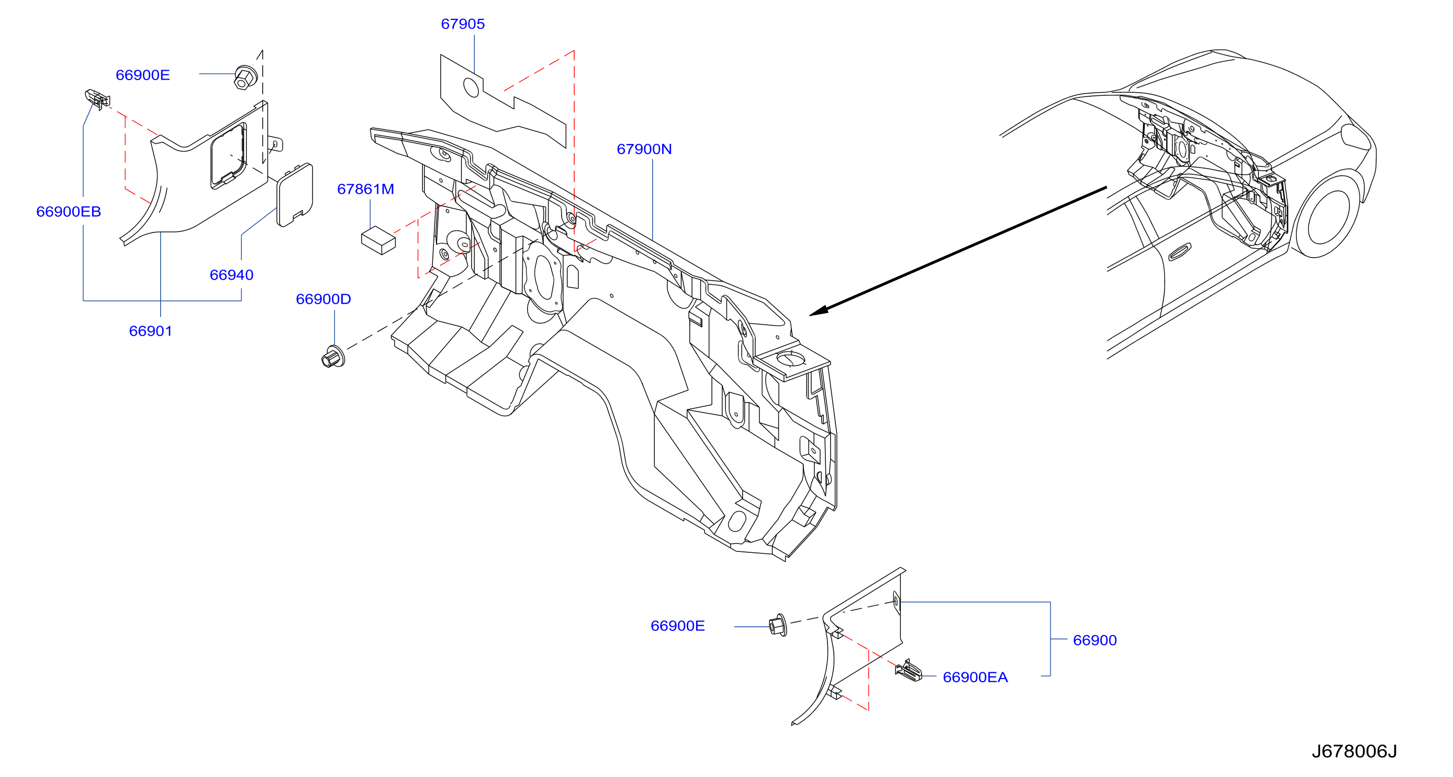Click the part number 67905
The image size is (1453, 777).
click(x=463, y=24)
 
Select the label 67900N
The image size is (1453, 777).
click(x=644, y=149)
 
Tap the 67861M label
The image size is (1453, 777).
click(x=365, y=189)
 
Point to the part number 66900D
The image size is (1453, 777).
click(x=323, y=299)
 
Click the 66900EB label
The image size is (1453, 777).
click(x=69, y=212)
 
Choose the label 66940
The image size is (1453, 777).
click(x=231, y=275)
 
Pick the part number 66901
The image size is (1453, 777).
click(x=151, y=331)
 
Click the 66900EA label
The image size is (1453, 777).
click(x=975, y=677)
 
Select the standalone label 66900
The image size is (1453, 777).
click(x=1095, y=640)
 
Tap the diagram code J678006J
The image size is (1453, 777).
click(x=1354, y=751)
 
